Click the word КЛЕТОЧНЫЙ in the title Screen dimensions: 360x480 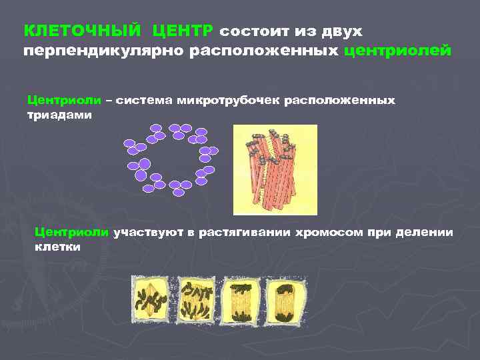82,31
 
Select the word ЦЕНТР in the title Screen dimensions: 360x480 183,31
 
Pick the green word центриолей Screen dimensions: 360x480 397,51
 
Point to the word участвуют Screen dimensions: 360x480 147,232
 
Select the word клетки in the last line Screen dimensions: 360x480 57,246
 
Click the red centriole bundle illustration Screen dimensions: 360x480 275,169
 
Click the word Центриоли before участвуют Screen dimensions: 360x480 71,232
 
